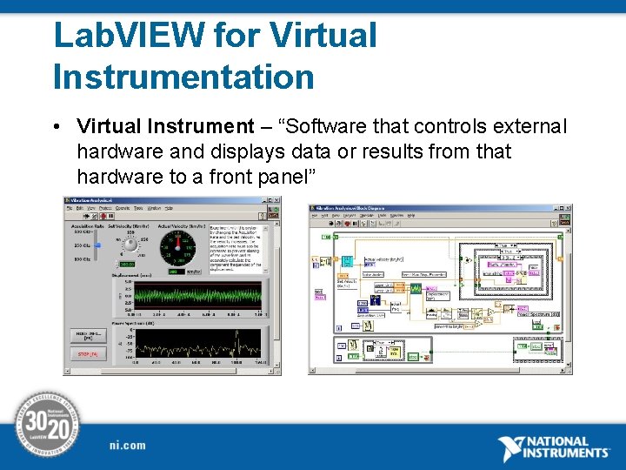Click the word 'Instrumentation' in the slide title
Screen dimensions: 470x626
(183, 76)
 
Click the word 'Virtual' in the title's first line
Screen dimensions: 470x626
(323, 36)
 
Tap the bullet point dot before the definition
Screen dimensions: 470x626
(57, 128)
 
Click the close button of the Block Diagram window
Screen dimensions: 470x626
(566, 209)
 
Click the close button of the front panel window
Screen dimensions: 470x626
(276, 200)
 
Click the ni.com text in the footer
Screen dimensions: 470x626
(128, 446)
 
